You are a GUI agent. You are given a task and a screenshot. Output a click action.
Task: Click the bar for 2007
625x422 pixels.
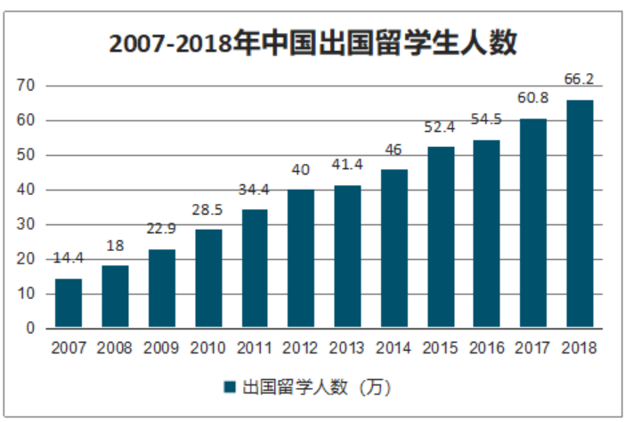point(69,304)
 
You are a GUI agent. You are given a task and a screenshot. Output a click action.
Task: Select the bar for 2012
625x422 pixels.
point(301,258)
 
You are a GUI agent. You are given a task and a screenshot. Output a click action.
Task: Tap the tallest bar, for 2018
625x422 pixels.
point(580,214)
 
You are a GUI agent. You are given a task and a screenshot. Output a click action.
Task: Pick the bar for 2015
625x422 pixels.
point(441,237)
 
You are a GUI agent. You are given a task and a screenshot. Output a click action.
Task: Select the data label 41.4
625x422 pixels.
point(347,165)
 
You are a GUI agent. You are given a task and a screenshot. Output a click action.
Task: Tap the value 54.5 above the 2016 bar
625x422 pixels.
point(487,119)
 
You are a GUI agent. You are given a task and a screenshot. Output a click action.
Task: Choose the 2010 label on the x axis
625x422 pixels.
point(207,347)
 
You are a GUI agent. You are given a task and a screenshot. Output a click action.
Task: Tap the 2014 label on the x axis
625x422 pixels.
point(394,347)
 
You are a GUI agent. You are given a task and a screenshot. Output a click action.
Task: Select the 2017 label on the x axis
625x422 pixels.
point(533,347)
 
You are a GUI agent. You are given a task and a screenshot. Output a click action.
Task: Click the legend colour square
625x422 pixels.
point(229,387)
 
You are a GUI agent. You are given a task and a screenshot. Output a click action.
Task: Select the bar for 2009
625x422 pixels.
point(161,288)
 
